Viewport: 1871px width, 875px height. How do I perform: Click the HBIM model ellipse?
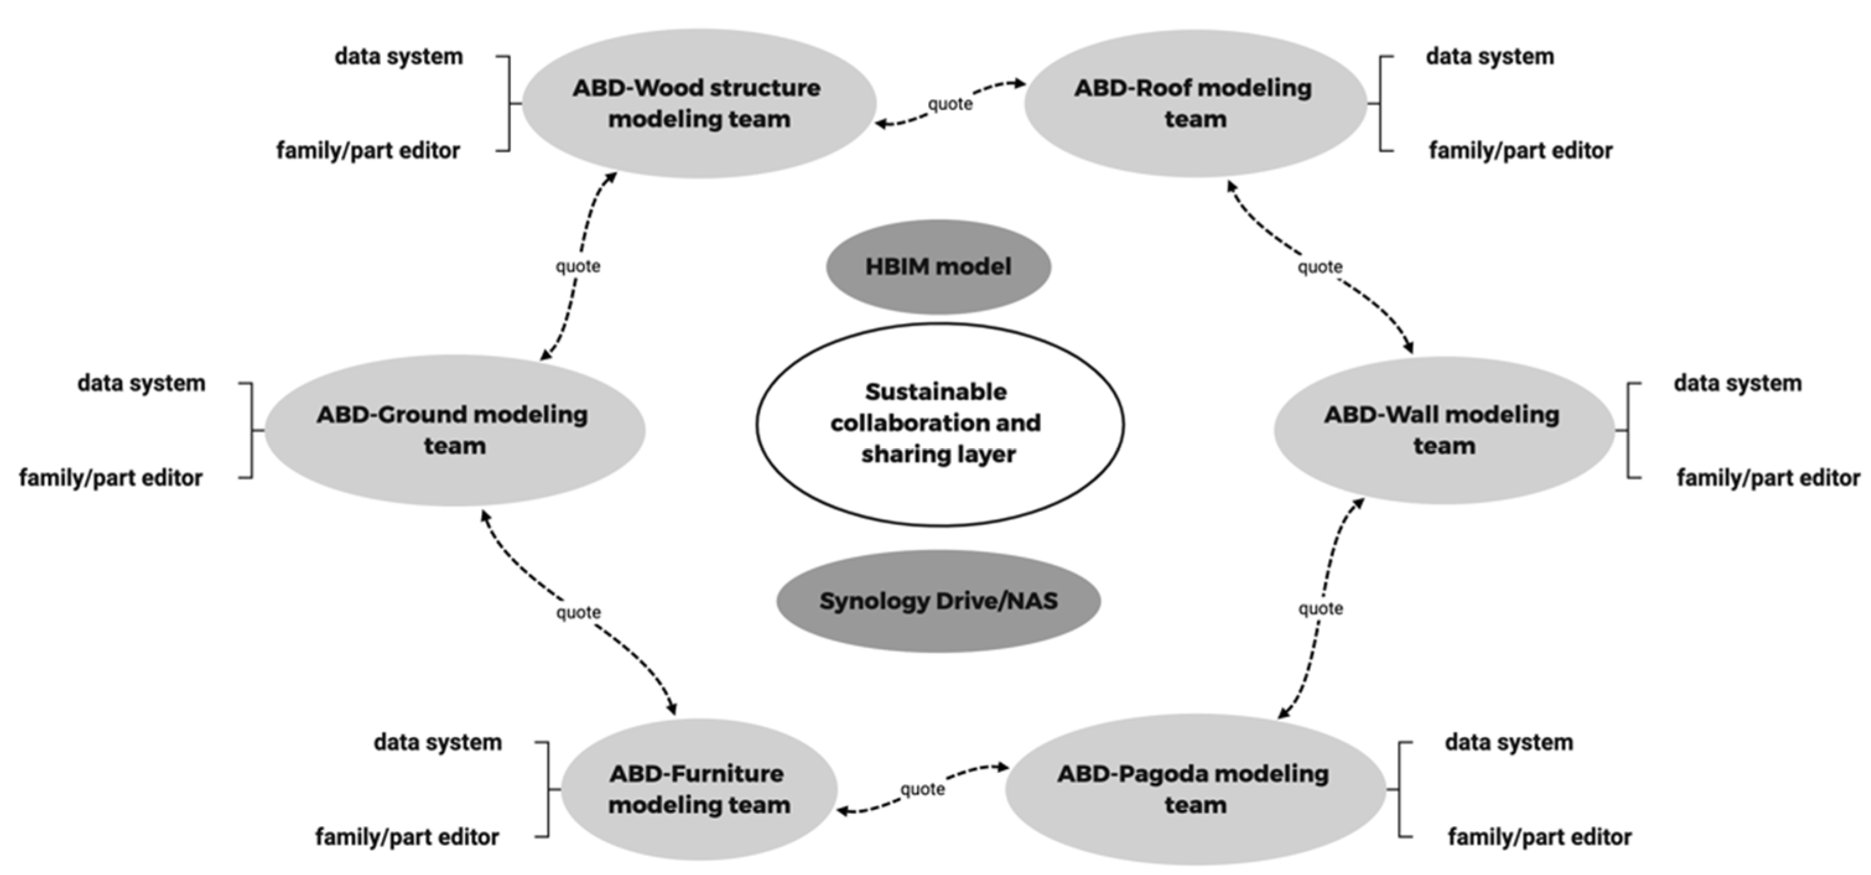click(x=938, y=267)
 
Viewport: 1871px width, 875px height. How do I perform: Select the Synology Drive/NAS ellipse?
click(x=938, y=600)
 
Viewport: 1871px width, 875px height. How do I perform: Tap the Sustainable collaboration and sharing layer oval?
click(x=938, y=423)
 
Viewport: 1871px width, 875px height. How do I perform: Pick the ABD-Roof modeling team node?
click(x=1194, y=103)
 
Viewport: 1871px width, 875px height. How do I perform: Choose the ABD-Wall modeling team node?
click(x=1443, y=430)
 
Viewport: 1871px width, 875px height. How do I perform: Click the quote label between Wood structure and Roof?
click(x=949, y=104)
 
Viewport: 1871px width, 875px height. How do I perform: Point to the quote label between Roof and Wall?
click(x=1320, y=267)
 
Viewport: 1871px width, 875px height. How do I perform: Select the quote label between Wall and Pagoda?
click(x=1320, y=608)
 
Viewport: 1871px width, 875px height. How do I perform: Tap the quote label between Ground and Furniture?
click(x=578, y=612)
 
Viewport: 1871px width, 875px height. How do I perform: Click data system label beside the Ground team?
click(x=142, y=382)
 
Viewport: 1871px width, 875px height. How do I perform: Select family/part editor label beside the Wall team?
click(x=1768, y=477)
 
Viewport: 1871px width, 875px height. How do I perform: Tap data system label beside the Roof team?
click(x=1490, y=56)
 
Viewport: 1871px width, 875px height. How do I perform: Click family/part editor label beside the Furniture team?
click(x=407, y=837)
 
